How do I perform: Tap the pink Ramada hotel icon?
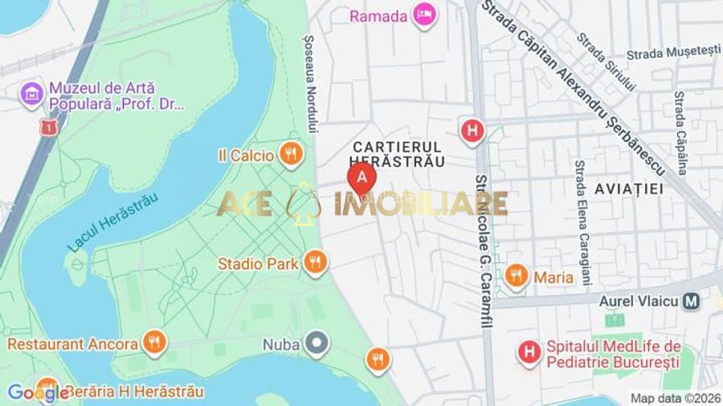[424, 14]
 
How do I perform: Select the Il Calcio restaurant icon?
[292, 153]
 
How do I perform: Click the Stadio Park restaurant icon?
[315, 262]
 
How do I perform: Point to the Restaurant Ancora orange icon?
[153, 343]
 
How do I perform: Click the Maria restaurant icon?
[517, 277]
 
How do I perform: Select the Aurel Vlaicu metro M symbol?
[691, 302]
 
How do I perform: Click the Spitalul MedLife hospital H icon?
[529, 351]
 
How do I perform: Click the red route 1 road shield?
[47, 128]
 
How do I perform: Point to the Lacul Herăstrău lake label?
[112, 223]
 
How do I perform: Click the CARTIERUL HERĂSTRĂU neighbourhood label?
[398, 153]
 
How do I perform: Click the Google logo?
[38, 392]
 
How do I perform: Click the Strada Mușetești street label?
[673, 52]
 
